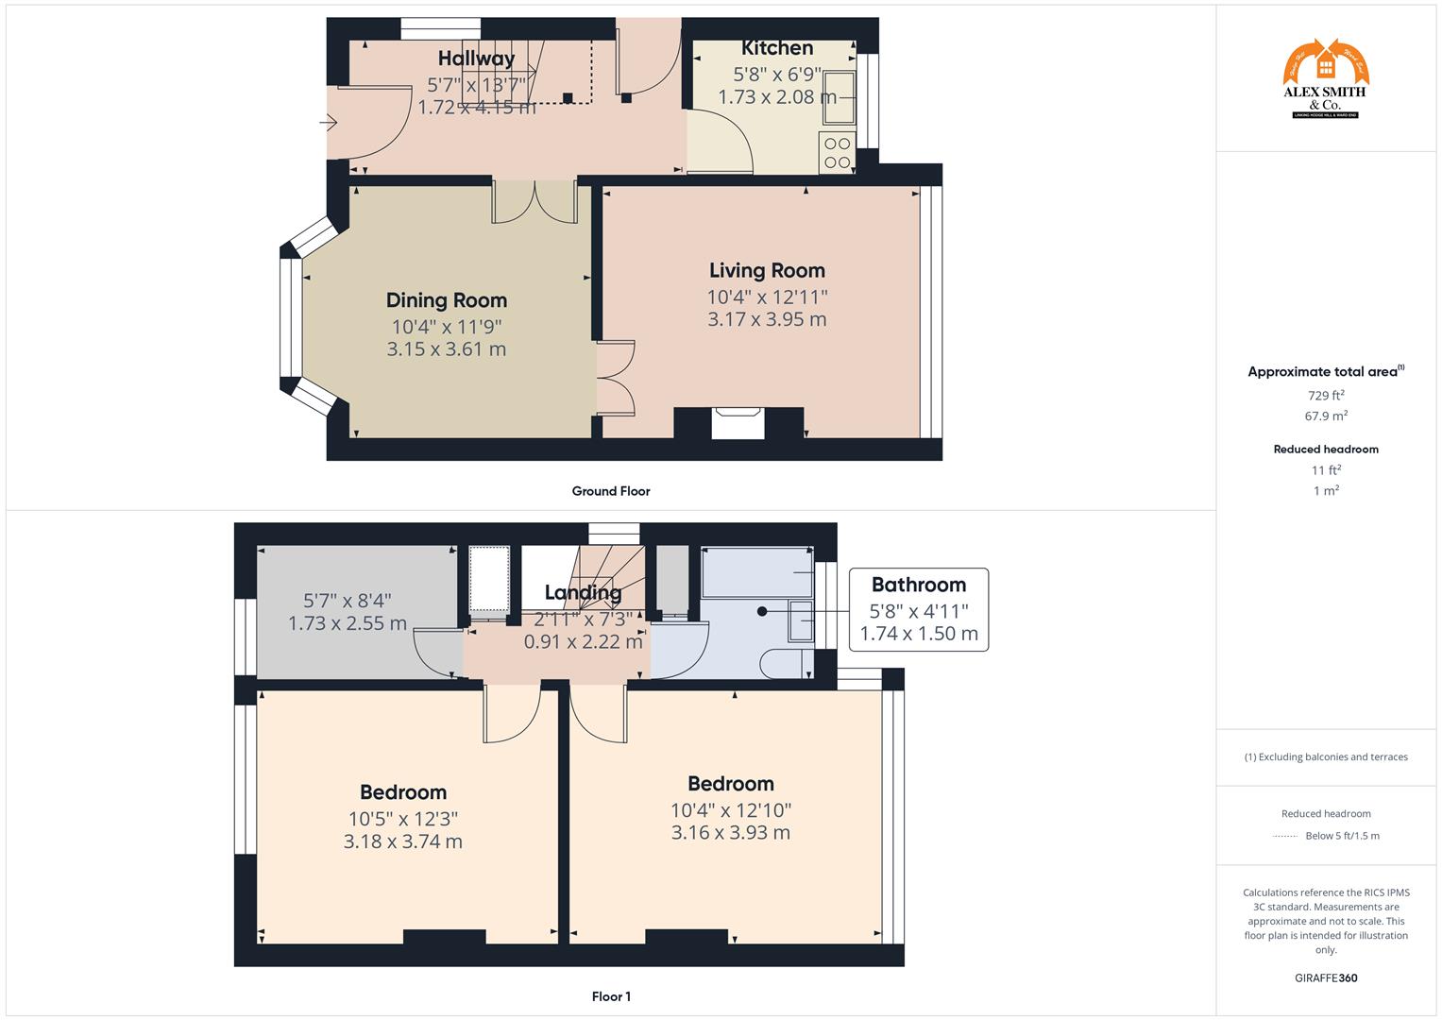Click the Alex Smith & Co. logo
1326,79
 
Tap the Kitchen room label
776,48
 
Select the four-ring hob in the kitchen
837,154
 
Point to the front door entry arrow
329,123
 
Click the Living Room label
767,271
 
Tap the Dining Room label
447,300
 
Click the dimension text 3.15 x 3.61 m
447,349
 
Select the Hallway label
477,59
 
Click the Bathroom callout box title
918,585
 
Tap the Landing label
583,593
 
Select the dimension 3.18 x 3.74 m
403,841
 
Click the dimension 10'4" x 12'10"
731,810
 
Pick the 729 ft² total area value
1326,396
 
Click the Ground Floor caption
611,491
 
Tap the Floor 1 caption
611,996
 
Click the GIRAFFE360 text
1326,977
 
